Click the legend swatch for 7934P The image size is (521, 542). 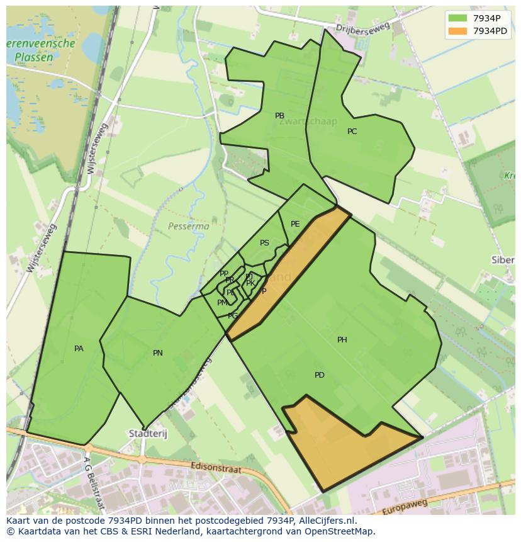pyautogui.click(x=457, y=18)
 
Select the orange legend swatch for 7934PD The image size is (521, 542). pyautogui.click(x=457, y=31)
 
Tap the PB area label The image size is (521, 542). pyautogui.click(x=279, y=116)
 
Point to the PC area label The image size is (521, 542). pyautogui.click(x=352, y=132)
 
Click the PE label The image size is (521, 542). pyautogui.click(x=295, y=224)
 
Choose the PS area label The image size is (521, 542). pyautogui.click(x=264, y=243)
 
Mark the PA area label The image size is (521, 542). pyautogui.click(x=79, y=349)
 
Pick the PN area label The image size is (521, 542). pyautogui.click(x=158, y=353)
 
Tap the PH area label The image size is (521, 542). pyautogui.click(x=342, y=340)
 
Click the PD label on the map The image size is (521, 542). pyautogui.click(x=320, y=375)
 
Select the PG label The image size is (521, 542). pyautogui.click(x=233, y=316)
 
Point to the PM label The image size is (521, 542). pyautogui.click(x=222, y=303)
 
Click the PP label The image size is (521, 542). pyautogui.click(x=223, y=274)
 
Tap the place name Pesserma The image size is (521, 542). pyautogui.click(x=189, y=225)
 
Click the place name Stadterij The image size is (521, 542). pyautogui.click(x=145, y=434)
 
